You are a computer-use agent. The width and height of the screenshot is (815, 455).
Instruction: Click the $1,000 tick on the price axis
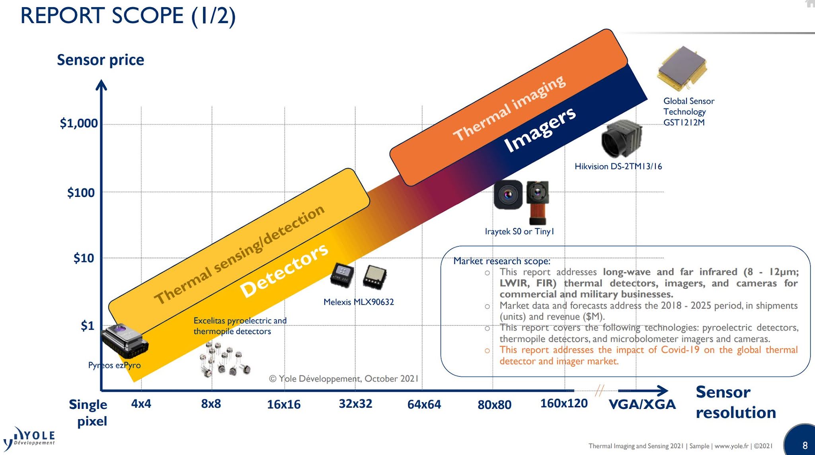click(x=79, y=123)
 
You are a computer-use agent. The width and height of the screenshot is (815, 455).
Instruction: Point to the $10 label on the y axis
click(x=84, y=259)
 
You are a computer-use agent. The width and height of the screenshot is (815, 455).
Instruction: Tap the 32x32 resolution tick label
click(x=355, y=404)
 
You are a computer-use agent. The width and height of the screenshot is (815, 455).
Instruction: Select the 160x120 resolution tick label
click(x=564, y=403)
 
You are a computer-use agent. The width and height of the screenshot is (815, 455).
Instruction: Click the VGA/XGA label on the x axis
click(x=642, y=404)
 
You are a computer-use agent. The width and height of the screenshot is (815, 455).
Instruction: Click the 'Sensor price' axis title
click(x=100, y=60)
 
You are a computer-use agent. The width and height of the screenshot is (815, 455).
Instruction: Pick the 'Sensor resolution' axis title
click(x=735, y=402)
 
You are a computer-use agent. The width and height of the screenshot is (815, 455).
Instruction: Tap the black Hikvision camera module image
click(x=622, y=139)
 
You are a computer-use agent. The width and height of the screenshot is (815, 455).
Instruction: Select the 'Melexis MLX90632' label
click(x=359, y=302)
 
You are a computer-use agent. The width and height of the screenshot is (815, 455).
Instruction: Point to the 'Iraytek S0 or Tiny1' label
click(x=519, y=231)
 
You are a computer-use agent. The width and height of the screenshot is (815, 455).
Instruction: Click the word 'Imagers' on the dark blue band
click(x=540, y=130)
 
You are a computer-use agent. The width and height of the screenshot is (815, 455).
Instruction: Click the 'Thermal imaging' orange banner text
click(x=509, y=108)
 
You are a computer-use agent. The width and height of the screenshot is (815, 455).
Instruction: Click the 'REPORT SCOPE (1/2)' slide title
click(x=128, y=16)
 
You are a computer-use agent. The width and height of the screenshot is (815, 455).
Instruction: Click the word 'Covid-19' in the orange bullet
click(x=680, y=350)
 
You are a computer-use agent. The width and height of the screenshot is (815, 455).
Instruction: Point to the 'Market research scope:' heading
click(x=502, y=261)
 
